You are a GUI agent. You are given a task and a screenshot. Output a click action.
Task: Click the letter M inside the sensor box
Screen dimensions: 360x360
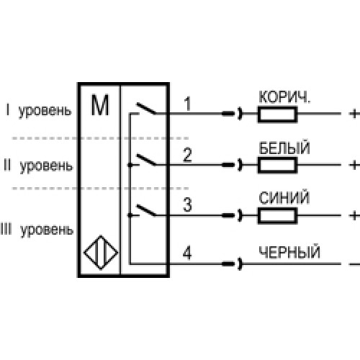[100, 105]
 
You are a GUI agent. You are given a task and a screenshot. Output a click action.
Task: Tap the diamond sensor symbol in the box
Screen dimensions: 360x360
[101, 253]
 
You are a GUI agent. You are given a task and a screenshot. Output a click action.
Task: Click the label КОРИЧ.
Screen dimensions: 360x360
[284, 97]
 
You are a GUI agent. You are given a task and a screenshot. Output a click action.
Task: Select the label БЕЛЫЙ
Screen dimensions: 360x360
[284, 148]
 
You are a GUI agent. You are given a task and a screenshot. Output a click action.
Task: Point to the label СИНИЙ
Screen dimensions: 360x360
[284, 197]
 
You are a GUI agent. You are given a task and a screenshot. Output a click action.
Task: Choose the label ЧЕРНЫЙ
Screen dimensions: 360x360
[289, 252]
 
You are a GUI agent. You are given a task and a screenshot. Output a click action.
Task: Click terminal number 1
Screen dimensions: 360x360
[188, 104]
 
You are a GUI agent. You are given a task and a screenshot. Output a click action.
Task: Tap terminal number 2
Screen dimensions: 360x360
[187, 155]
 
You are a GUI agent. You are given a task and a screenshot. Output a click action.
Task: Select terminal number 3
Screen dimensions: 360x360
[187, 204]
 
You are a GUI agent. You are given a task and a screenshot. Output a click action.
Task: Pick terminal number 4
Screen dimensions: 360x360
[187, 253]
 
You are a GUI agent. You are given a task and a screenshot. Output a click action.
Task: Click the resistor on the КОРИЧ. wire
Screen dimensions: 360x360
[277, 114]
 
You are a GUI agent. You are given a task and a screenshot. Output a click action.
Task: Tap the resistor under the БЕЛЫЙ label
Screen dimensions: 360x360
[277, 165]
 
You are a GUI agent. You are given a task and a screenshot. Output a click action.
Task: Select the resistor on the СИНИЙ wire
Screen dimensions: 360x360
[277, 216]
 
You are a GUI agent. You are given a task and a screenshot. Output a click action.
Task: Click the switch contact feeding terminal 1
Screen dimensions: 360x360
[146, 108]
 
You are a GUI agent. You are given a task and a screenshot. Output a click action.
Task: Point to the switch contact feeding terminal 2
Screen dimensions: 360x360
[146, 160]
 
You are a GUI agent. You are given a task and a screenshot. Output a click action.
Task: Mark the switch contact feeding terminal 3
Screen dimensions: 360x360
[146, 210]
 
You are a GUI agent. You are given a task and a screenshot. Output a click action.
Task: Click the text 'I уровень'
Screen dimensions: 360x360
[39, 110]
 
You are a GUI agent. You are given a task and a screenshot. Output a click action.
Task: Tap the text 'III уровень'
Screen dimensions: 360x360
[37, 230]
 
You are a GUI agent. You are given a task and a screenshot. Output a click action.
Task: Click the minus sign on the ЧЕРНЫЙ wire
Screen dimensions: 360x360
[355, 264]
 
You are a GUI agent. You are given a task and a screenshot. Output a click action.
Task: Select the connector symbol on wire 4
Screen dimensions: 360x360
[233, 264]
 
